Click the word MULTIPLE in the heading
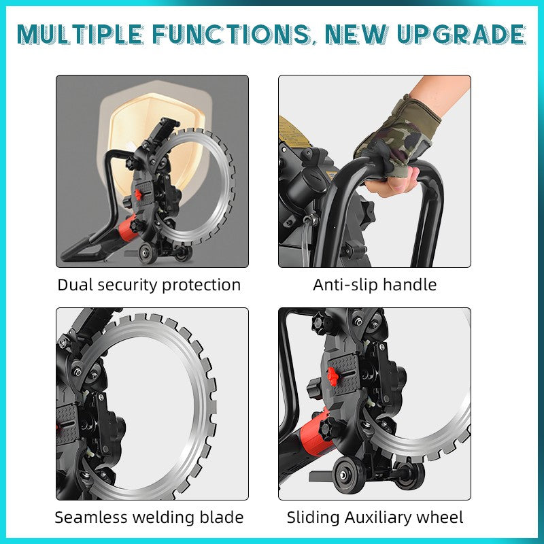pos(80,35)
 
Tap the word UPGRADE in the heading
pos(462,35)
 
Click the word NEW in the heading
pos(356,35)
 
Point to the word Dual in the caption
pos(75,285)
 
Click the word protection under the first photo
pos(201,286)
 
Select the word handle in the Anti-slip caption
pos(410,285)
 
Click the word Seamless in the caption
pos(91,517)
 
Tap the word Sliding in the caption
pos(313,518)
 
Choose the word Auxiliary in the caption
pos(378,518)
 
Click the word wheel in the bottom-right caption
pos(439,517)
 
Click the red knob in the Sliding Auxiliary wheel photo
pos(333,376)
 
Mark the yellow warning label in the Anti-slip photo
pos(292,133)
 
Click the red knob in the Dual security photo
pos(138,194)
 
